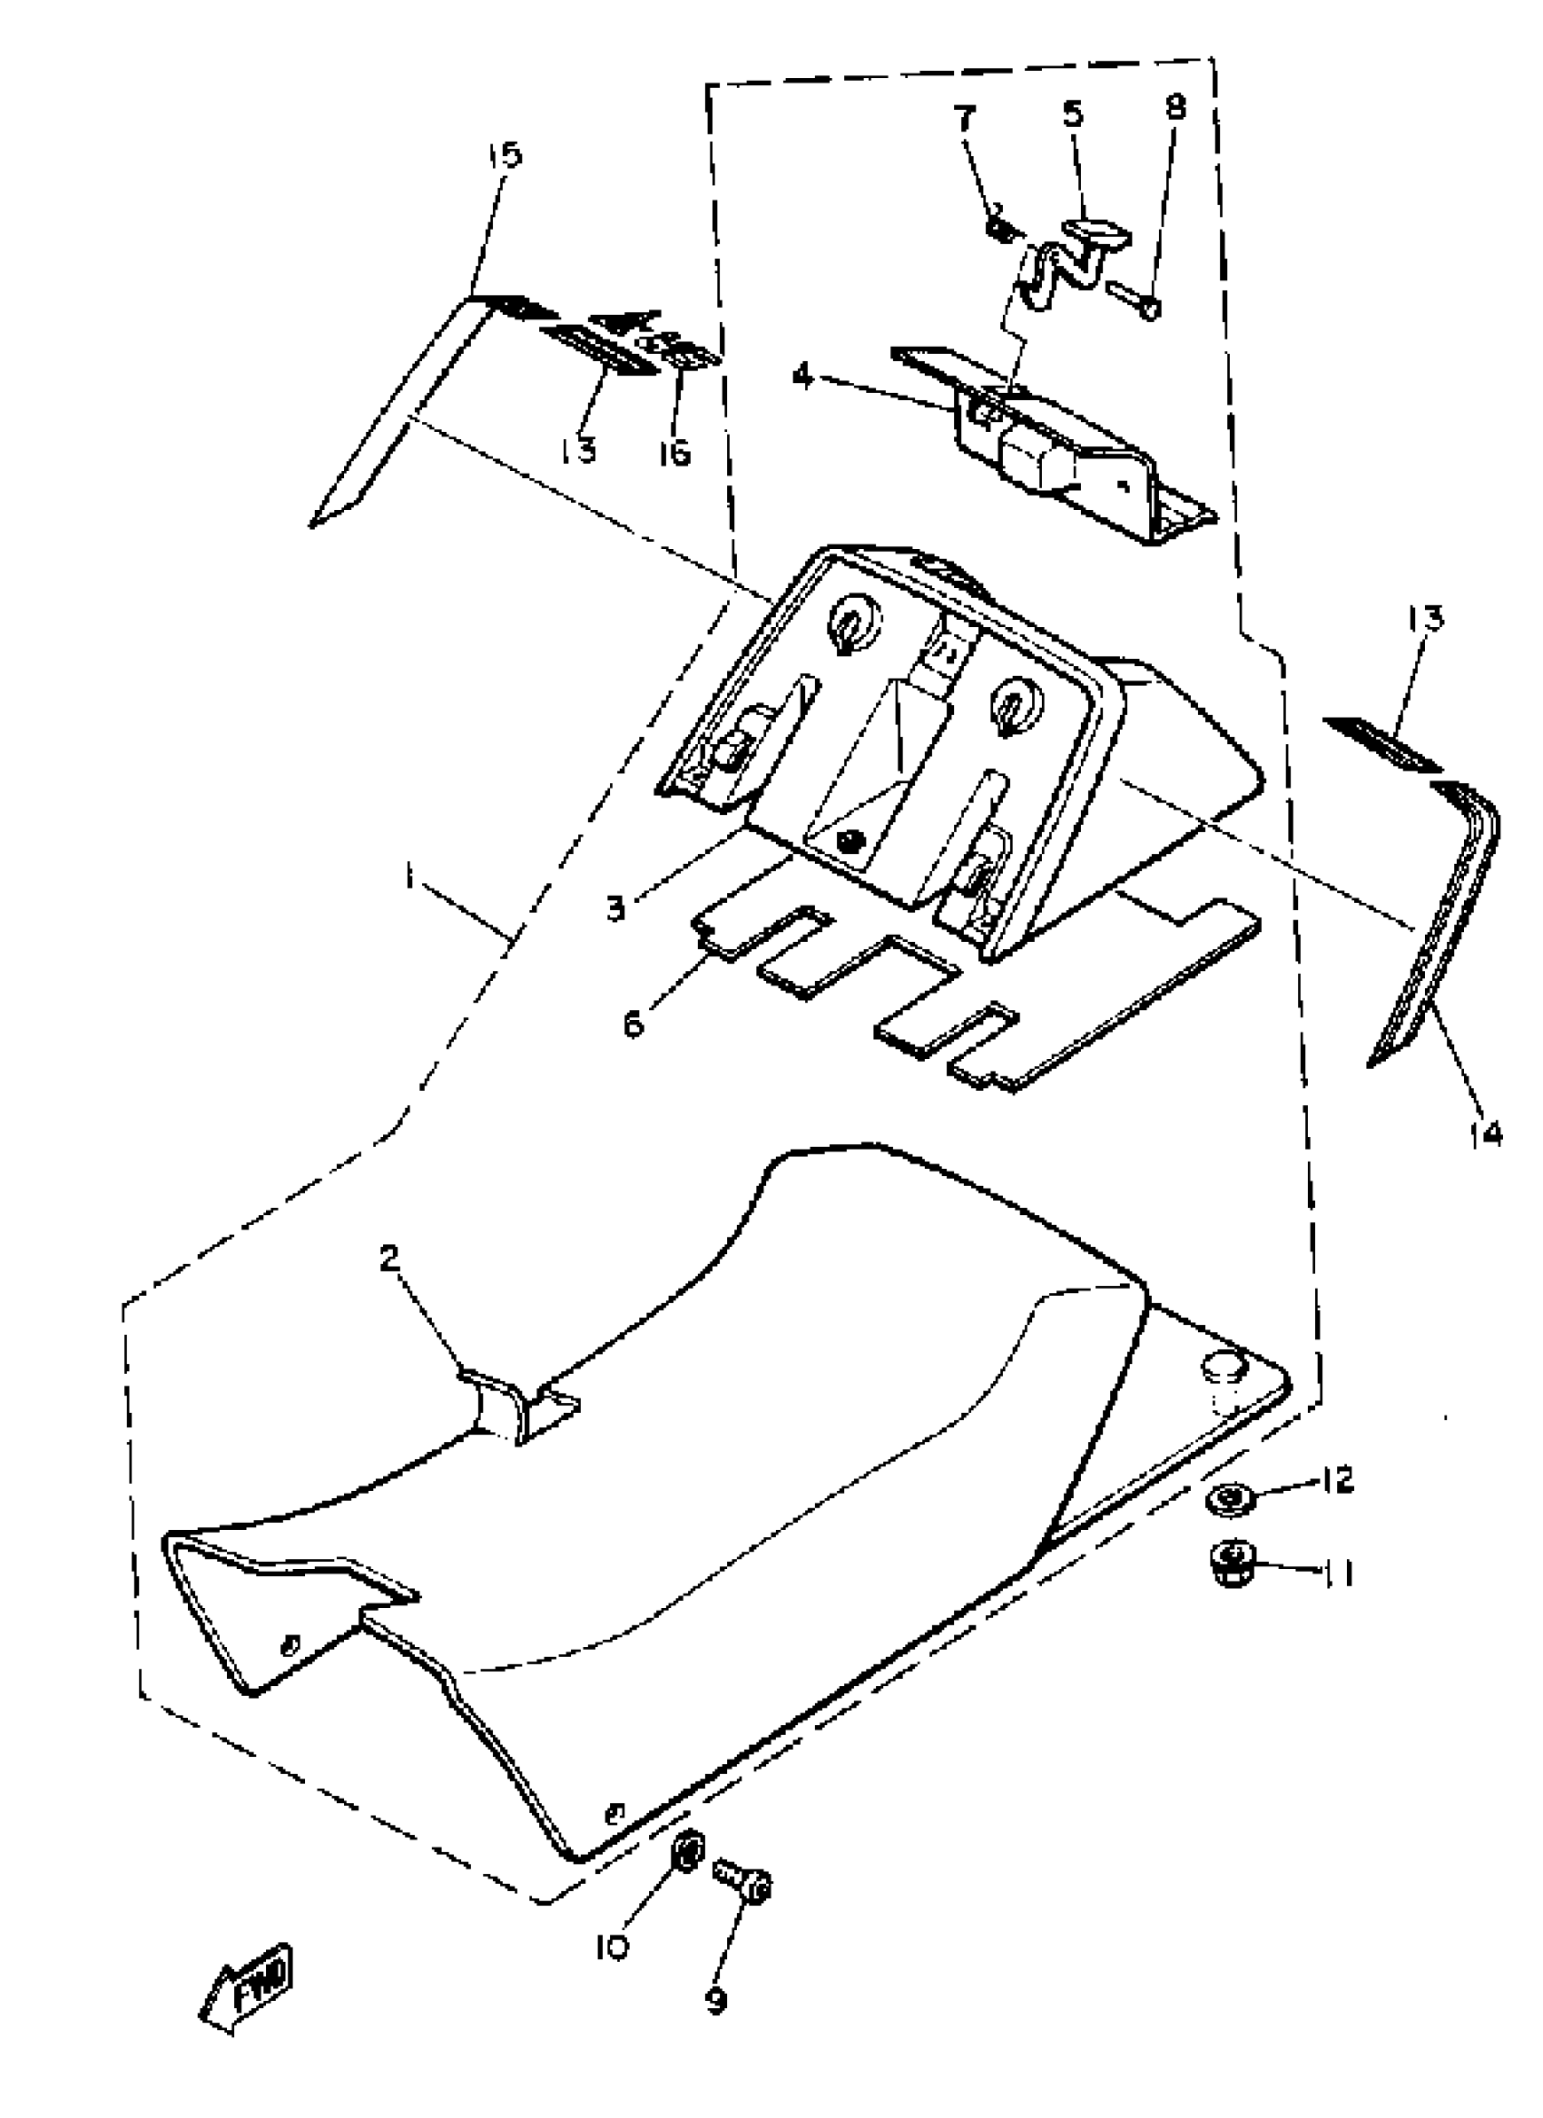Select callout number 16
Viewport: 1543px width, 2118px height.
tap(673, 453)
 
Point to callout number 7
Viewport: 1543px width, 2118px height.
tap(964, 120)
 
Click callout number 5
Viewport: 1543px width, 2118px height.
tap(1073, 114)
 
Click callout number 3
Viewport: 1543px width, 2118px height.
tap(614, 907)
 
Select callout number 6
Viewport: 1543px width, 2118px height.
tap(634, 1025)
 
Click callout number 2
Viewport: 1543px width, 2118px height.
tap(389, 1258)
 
